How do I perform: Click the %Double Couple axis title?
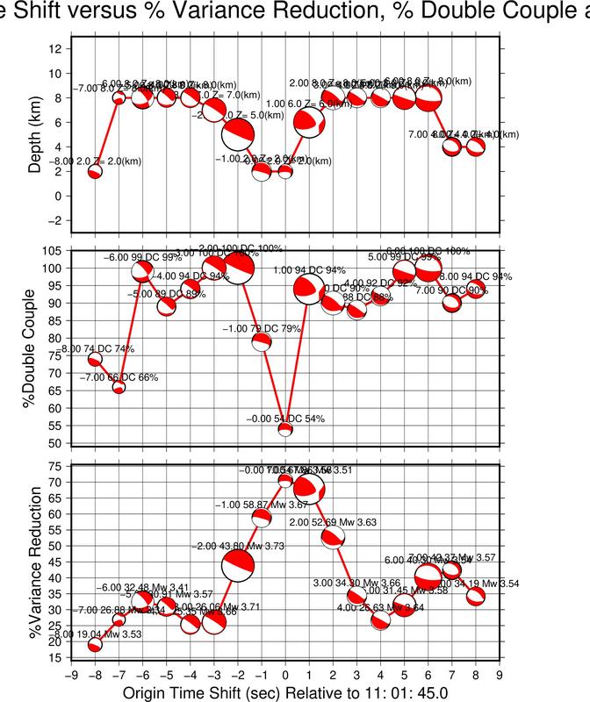[x=36, y=348]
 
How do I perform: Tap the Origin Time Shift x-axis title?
[x=285, y=692]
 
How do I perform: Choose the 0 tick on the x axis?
[x=285, y=675]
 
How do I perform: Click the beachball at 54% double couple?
[x=285, y=429]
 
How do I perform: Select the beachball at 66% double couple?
[x=119, y=387]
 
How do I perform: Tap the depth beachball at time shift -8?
[x=95, y=171]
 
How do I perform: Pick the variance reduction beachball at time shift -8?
[x=95, y=645]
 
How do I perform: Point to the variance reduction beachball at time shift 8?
[x=476, y=596]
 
